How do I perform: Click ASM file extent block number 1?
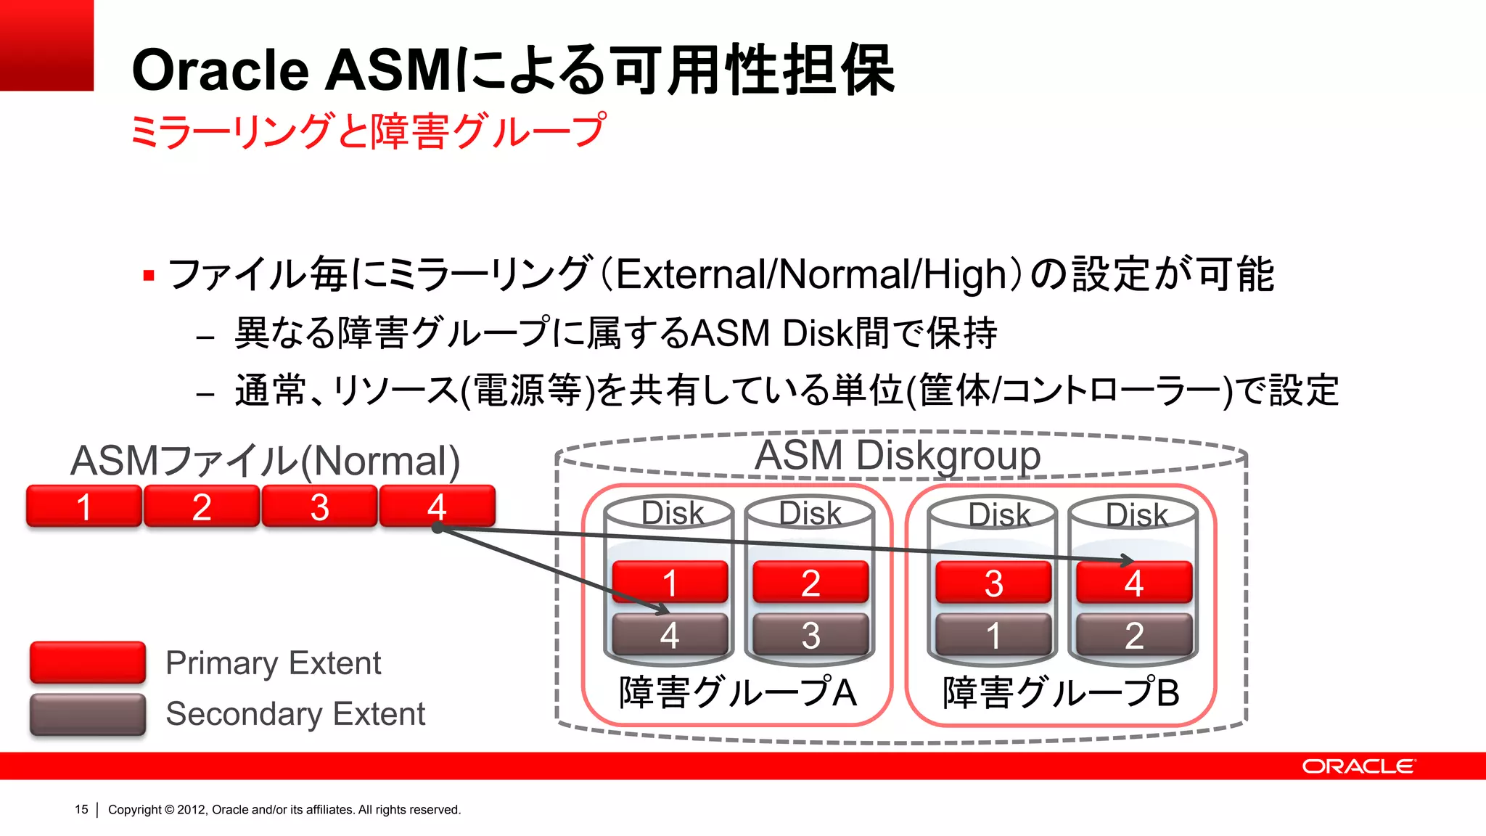pyautogui.click(x=83, y=506)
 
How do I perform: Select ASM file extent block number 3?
pyautogui.click(x=319, y=506)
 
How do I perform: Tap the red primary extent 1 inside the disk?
pyautogui.click(x=670, y=581)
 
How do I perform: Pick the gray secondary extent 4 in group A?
pyautogui.click(x=670, y=634)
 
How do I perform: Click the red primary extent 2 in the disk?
pyautogui.click(x=810, y=581)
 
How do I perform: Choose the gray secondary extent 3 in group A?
pyautogui.click(x=810, y=634)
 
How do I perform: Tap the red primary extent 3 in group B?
pyautogui.click(x=993, y=582)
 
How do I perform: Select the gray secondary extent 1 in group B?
pyautogui.click(x=993, y=635)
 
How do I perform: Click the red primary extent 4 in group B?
pyautogui.click(x=1133, y=582)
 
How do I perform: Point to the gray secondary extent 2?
pyautogui.click(x=1133, y=635)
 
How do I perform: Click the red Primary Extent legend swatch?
pyautogui.click(x=88, y=662)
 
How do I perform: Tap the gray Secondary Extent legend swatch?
pyautogui.click(x=88, y=714)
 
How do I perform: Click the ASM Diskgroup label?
pyautogui.click(x=898, y=455)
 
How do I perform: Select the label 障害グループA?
pyautogui.click(x=737, y=692)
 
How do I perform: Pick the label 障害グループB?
pyautogui.click(x=1061, y=692)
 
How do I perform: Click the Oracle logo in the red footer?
pyautogui.click(x=1358, y=766)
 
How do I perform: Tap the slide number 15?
pyautogui.click(x=81, y=809)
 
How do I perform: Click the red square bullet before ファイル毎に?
pyautogui.click(x=149, y=276)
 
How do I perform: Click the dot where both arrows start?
pyautogui.click(x=437, y=528)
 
